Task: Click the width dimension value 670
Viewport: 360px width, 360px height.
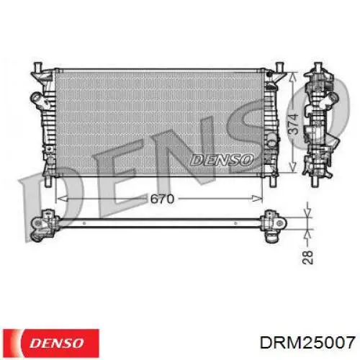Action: pos(162,199)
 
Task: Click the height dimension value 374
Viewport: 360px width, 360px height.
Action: pos(293,124)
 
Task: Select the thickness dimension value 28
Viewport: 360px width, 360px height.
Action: pos(307,257)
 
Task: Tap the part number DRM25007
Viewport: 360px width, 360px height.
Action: pos(307,342)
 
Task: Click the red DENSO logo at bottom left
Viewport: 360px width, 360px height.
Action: pos(51,343)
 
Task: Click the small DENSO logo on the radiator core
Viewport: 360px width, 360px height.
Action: pos(222,160)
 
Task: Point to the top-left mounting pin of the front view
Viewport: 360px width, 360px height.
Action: pos(38,67)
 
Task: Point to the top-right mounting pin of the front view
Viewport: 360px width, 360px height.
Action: pos(279,67)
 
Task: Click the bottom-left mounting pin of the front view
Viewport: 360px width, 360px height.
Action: pos(48,181)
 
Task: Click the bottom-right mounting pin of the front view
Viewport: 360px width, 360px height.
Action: pos(274,181)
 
